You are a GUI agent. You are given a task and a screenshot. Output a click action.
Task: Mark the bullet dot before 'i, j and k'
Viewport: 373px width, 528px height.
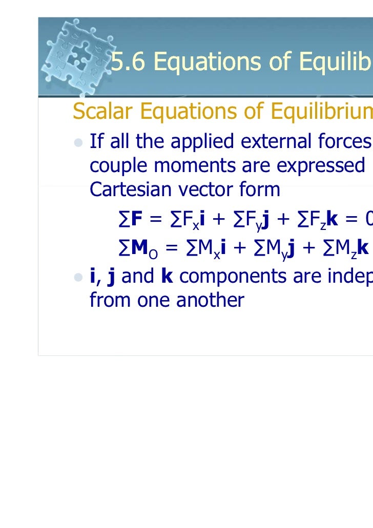[x=79, y=277]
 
